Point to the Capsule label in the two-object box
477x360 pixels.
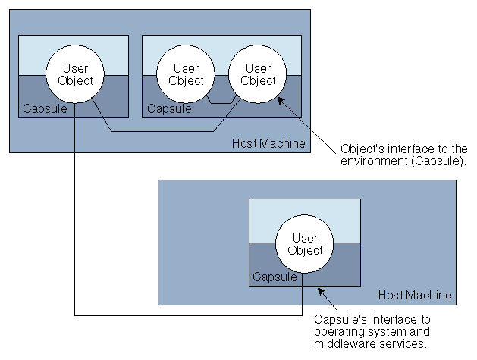point(169,108)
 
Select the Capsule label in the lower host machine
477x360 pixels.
point(274,277)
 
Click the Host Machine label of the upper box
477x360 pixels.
point(279,143)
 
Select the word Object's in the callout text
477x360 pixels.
point(362,148)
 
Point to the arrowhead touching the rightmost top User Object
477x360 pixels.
point(281,99)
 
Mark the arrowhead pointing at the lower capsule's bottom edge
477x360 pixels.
point(319,289)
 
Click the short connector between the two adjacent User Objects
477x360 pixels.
point(221,102)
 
